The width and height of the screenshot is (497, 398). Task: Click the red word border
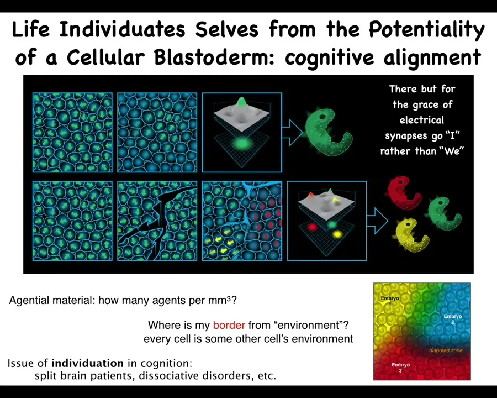[x=229, y=325]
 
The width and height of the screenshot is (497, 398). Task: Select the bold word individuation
[x=87, y=363]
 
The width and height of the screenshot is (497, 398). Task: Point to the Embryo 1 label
[x=390, y=301]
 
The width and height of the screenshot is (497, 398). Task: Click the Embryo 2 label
[x=453, y=319]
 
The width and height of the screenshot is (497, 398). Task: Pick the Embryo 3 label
[x=401, y=368]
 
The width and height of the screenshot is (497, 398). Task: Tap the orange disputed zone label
[x=446, y=350]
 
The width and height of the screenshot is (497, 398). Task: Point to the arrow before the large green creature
[x=292, y=132]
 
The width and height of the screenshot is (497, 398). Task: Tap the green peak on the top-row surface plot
[x=241, y=102]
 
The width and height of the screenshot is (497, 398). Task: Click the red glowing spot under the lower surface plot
[x=313, y=227]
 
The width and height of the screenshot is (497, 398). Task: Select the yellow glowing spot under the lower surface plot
[x=337, y=234]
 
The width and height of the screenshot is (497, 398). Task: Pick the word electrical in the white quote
[x=421, y=120]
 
